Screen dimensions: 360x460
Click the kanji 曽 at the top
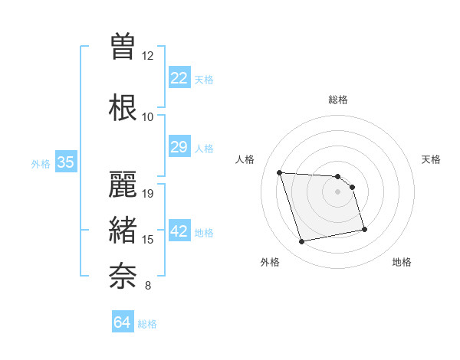123,46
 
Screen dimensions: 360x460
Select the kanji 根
123,107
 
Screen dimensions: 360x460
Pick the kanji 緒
123,231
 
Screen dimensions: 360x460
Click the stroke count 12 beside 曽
148,56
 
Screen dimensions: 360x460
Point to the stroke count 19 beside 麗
148,194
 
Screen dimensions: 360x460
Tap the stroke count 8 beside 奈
148,286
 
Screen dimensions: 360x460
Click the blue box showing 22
179,78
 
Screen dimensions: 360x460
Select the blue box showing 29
179,147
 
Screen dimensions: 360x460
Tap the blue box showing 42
179,231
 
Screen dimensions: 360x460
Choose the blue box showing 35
65,162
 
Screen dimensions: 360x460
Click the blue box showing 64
122,322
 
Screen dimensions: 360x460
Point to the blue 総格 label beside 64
147,324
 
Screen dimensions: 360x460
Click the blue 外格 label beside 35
40,163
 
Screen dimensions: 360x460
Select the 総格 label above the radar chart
338,100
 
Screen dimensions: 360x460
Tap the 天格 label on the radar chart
431,159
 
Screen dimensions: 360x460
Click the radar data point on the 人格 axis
279,172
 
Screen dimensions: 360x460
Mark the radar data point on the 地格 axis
364,229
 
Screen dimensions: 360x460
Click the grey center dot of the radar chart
338,191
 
